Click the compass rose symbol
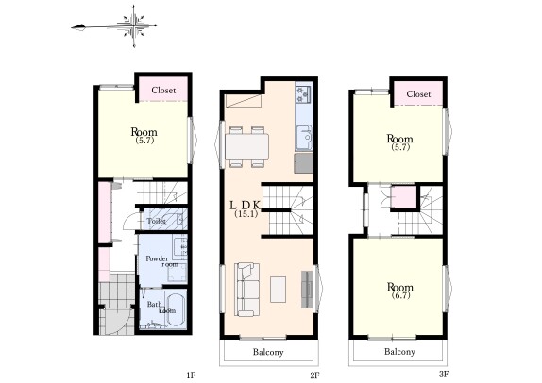tap(134, 25)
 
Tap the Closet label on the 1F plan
tap(163, 91)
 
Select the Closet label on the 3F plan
tap(418, 94)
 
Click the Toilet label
tap(156, 221)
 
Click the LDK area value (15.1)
tap(246, 214)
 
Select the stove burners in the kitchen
tap(303, 94)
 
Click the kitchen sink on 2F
tap(304, 138)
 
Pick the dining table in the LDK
tap(246, 147)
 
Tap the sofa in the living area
tap(246, 290)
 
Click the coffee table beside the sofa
tap(278, 290)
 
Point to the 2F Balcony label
tap(268, 352)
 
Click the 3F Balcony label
tap(399, 352)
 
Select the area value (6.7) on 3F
tap(400, 295)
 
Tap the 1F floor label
tap(191, 375)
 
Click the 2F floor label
tap(314, 375)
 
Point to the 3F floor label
tap(444, 374)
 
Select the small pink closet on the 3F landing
tap(403, 197)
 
